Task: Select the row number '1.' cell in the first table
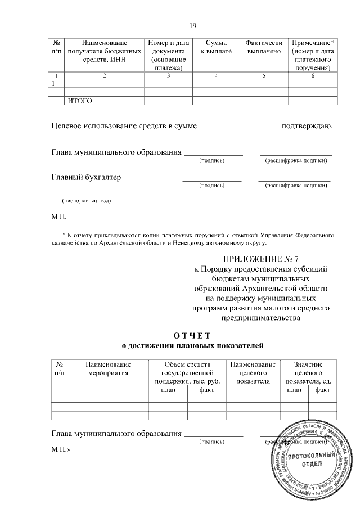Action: (x=55, y=84)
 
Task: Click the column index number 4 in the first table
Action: (x=216, y=75)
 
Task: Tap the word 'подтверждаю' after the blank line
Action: (x=307, y=125)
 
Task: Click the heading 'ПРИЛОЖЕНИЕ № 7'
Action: (x=260, y=259)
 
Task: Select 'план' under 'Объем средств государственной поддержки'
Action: (x=168, y=390)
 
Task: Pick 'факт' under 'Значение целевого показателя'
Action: (x=323, y=390)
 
